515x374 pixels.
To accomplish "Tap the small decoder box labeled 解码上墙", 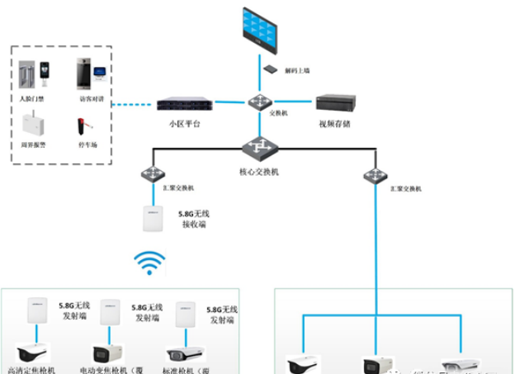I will point(270,70).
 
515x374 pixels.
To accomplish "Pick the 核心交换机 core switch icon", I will point(259,148).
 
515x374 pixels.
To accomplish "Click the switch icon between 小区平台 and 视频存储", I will point(258,102).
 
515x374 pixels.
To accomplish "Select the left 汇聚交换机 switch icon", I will point(152,174).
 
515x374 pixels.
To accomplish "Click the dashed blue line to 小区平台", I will point(132,105).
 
